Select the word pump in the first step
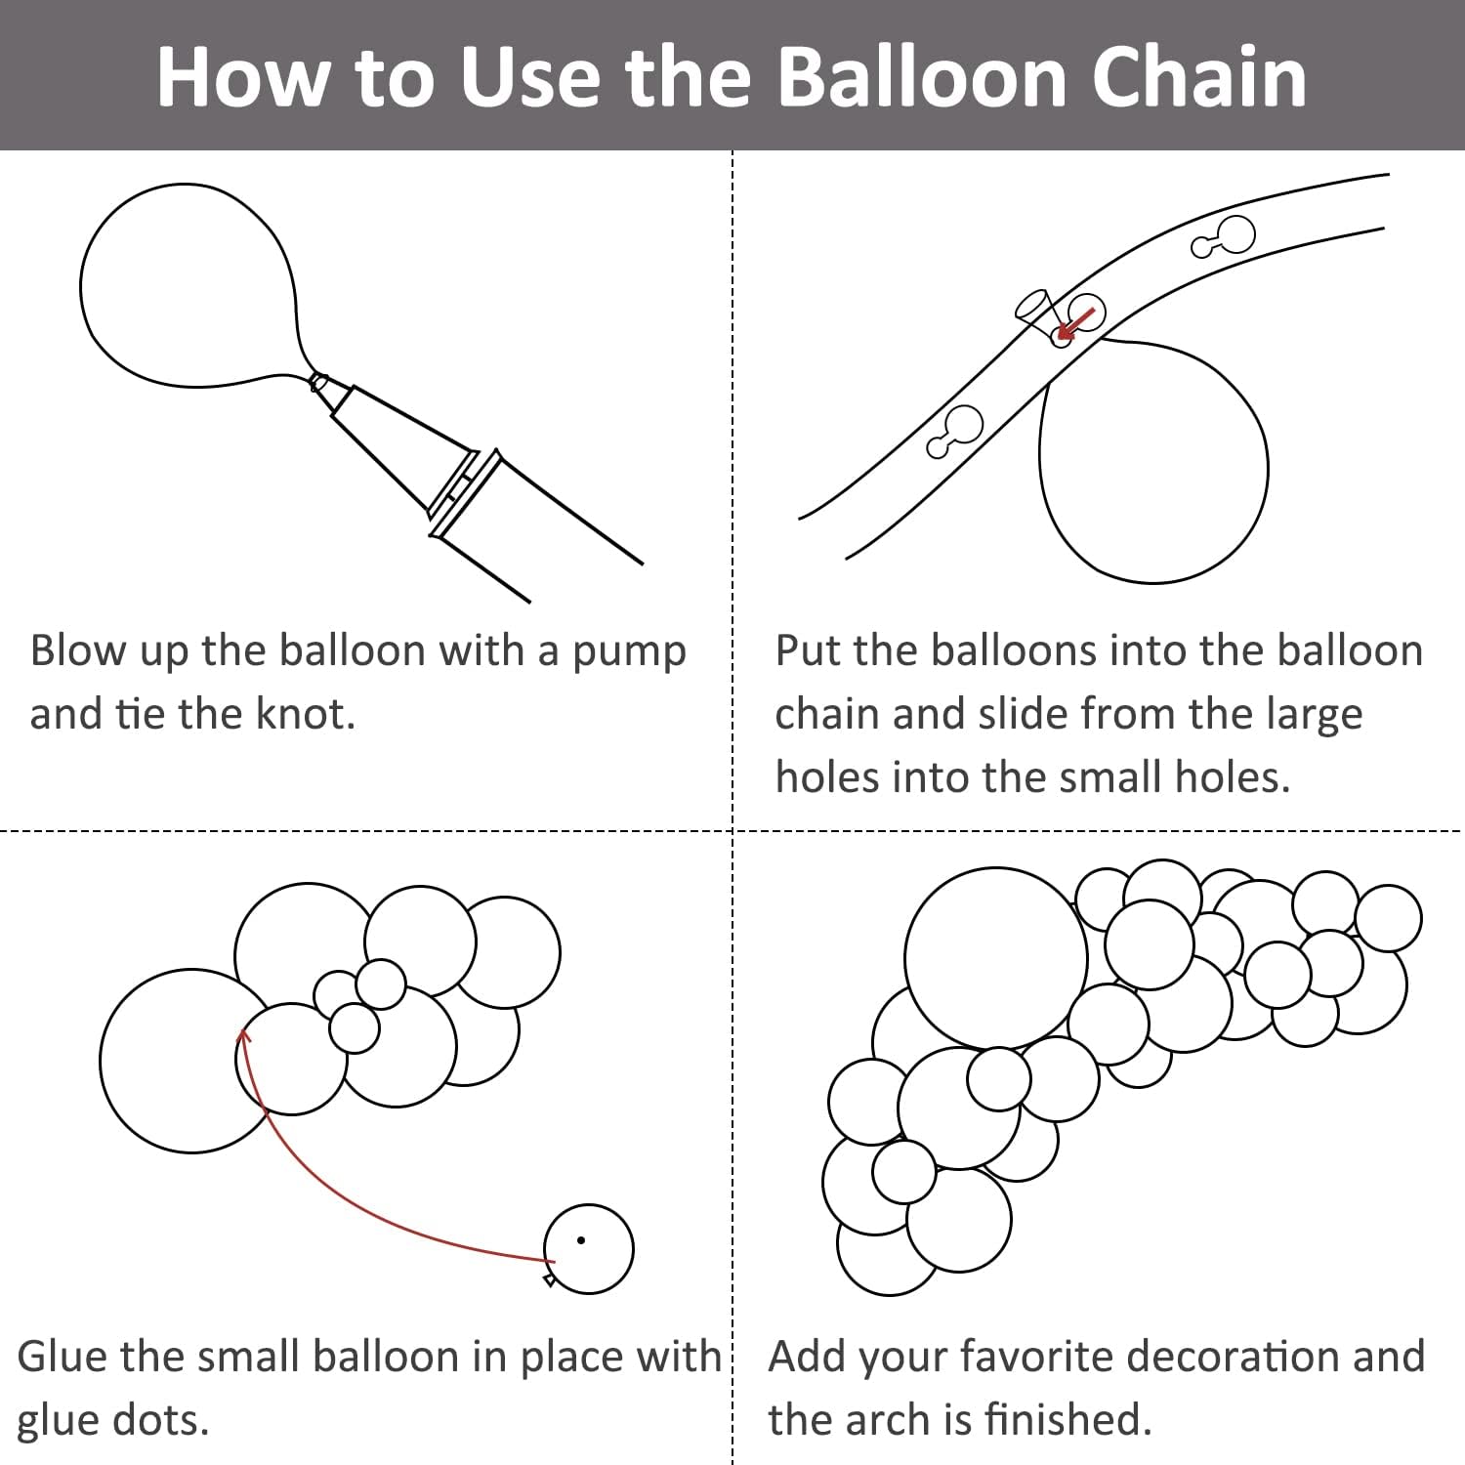[x=629, y=652]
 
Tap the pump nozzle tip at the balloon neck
[x=317, y=382]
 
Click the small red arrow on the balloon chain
[x=1075, y=323]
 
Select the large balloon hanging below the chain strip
[x=1153, y=459]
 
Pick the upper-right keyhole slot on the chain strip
[x=1225, y=237]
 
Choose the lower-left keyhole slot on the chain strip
[x=954, y=431]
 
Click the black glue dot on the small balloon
[x=581, y=1240]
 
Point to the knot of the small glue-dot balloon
[x=550, y=1278]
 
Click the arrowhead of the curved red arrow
[x=243, y=1036]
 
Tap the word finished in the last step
[x=1067, y=1420]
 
